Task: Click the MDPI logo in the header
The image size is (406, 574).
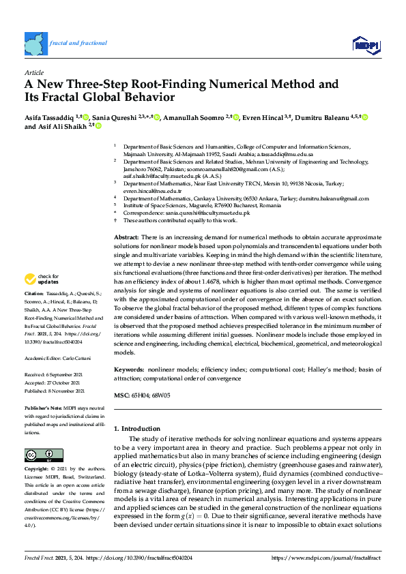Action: point(366,45)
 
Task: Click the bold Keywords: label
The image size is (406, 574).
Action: point(128,368)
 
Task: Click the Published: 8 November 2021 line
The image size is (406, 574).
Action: point(54,391)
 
